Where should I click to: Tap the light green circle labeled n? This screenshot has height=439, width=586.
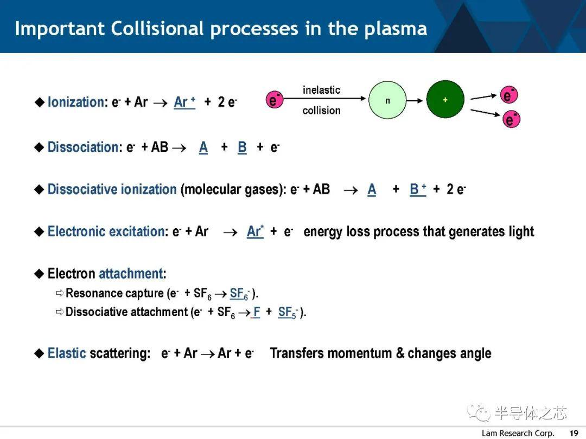[387, 100]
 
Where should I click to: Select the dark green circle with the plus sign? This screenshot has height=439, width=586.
[445, 100]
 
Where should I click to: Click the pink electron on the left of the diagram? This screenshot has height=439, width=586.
[275, 100]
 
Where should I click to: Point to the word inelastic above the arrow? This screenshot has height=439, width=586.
[321, 90]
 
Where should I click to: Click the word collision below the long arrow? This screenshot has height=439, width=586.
[321, 111]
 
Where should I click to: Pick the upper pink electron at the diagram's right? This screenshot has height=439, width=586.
[508, 95]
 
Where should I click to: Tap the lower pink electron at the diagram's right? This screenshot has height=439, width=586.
[511, 119]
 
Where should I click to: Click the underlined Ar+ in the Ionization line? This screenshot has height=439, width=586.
[184, 102]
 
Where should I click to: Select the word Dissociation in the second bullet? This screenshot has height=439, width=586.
[83, 147]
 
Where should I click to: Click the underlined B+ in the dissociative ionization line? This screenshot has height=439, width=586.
[418, 189]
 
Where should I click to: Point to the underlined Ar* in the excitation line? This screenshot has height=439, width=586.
[255, 231]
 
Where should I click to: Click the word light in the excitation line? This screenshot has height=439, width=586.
[521, 232]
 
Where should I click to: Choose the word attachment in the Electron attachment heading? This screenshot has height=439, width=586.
[131, 274]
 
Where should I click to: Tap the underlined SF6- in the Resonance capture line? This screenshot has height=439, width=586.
[239, 294]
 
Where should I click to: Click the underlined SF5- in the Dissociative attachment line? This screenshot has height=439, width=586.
[288, 313]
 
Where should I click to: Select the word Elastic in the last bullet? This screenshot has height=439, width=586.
[67, 353]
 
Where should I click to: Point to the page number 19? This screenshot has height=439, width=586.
[574, 433]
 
